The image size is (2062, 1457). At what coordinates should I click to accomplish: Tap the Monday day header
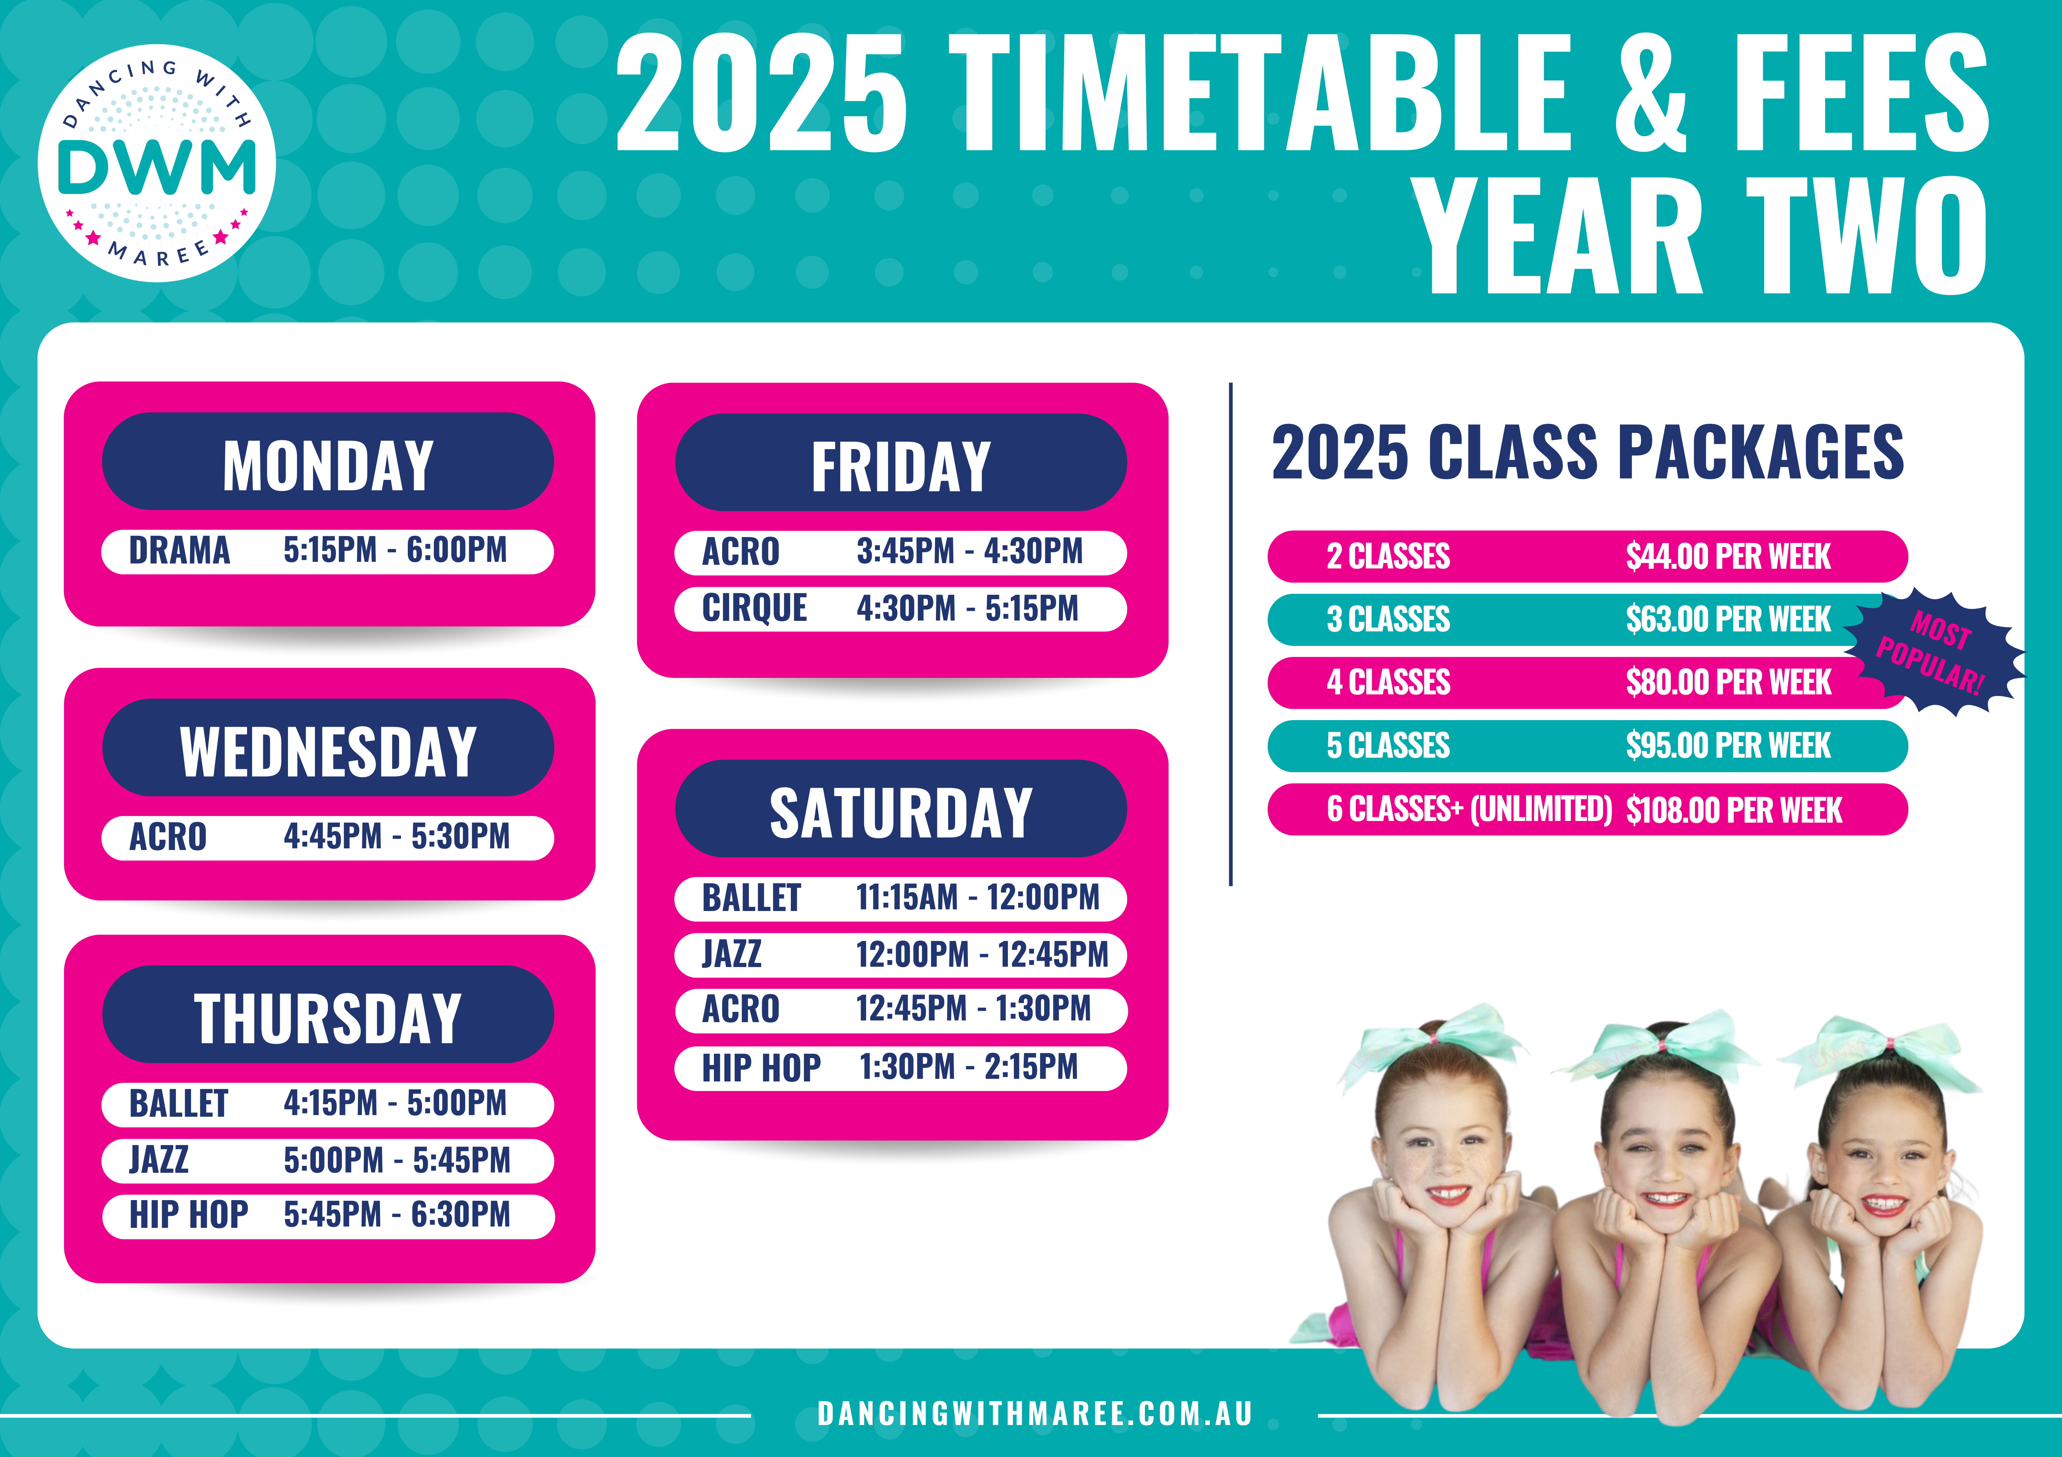[328, 461]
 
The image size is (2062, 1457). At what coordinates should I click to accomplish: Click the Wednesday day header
[328, 748]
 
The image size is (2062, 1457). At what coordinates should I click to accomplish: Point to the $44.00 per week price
[1728, 557]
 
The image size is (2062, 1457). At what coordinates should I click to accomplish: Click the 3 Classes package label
[1388, 620]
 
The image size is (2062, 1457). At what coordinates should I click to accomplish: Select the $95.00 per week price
[1728, 746]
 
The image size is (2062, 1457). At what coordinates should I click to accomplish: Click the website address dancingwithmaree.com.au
[1035, 1414]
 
